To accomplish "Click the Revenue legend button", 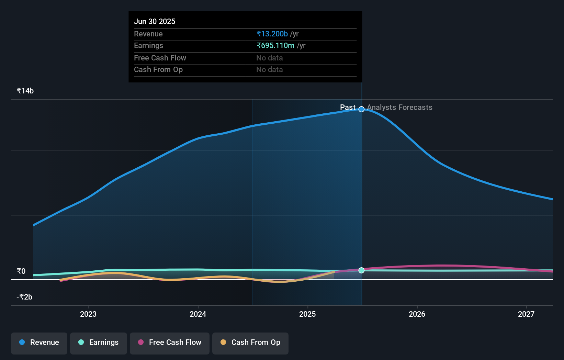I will point(39,342).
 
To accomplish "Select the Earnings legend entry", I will point(99,342).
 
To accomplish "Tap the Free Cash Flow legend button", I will point(170,342).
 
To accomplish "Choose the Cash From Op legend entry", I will point(250,342).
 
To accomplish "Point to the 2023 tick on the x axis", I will point(88,314).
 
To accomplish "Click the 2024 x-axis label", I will point(198,314).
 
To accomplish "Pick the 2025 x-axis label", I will point(307,314).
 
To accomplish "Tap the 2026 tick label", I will point(417,314).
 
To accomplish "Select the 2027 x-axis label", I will point(526,314).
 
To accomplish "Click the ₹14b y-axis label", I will point(25,91).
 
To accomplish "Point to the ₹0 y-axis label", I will point(21,271).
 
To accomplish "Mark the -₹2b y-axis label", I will point(24,297).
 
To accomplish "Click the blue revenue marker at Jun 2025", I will point(361,109).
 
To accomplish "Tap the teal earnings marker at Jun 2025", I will point(361,270).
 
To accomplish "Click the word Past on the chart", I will point(348,108).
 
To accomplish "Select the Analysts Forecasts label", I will point(399,108).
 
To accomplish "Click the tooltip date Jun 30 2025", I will point(155,22).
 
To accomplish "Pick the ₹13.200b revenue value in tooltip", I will point(272,34).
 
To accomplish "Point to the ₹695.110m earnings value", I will point(275,46).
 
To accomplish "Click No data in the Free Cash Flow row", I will point(270,58).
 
